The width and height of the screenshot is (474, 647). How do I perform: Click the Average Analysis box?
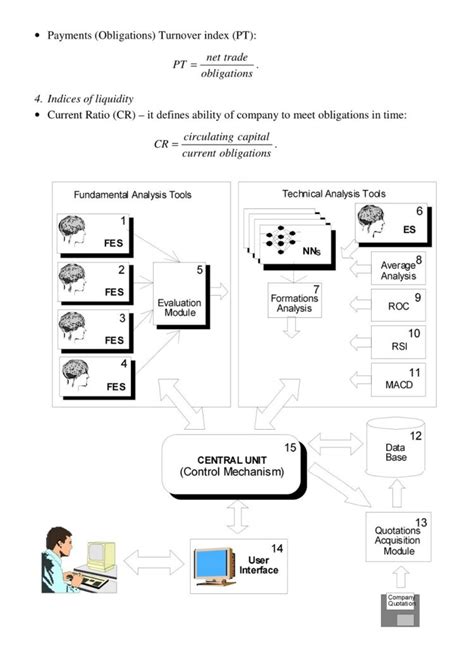pos(399,268)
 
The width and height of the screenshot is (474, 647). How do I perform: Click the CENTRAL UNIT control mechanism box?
pos(232,466)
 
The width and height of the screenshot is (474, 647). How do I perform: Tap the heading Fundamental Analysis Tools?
pos(133,194)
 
